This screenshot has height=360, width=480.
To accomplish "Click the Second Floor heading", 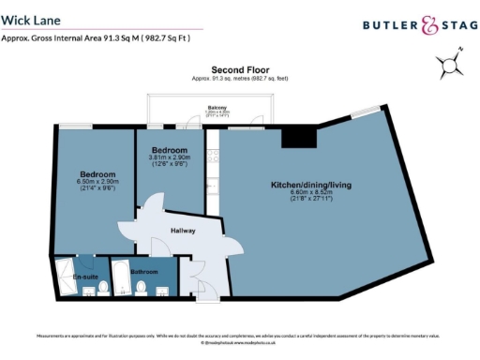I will click(x=241, y=70).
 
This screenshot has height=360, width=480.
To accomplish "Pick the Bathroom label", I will click(x=144, y=272).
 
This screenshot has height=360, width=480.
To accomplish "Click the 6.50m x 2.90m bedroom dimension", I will click(x=97, y=181).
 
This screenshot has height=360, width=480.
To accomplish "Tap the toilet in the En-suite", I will click(x=89, y=288).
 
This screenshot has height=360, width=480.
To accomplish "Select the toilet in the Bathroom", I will click(x=141, y=289).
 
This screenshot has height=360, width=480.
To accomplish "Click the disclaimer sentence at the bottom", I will click(x=239, y=335).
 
